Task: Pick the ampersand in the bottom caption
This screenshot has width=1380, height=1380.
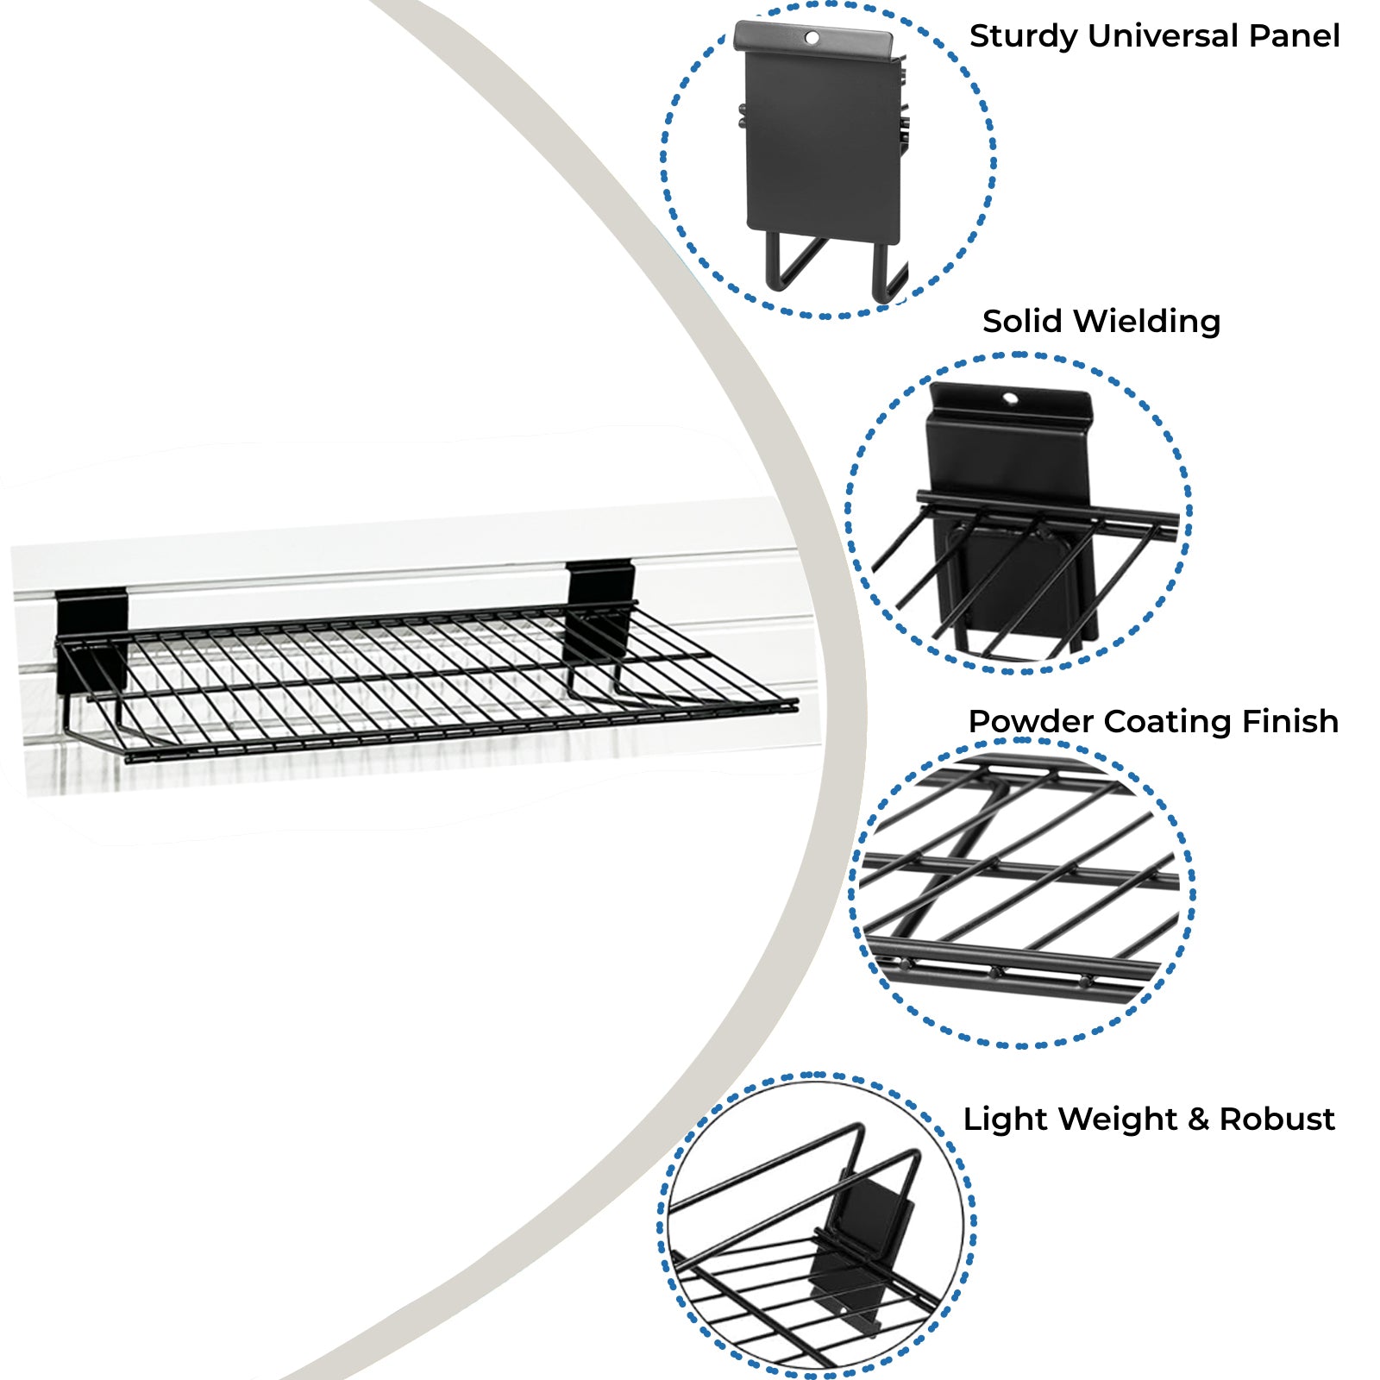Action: [1197, 1120]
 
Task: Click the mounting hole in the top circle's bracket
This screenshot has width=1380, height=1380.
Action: [812, 37]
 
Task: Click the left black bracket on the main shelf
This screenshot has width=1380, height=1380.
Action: [91, 638]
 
